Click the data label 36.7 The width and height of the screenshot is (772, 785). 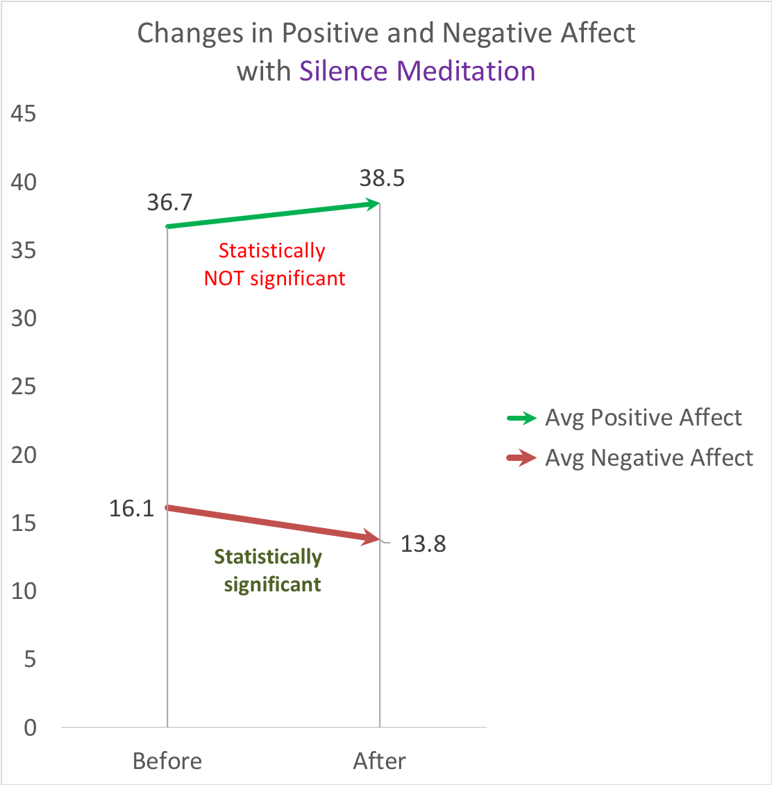(x=169, y=203)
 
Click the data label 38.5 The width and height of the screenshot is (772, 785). (x=382, y=179)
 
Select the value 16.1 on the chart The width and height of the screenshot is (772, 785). (x=131, y=509)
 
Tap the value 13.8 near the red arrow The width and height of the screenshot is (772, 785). (x=423, y=544)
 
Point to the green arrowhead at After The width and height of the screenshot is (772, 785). (x=374, y=204)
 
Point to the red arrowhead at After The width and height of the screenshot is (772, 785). (x=373, y=538)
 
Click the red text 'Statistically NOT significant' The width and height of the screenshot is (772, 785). (x=274, y=264)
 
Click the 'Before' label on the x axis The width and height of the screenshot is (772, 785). (x=167, y=761)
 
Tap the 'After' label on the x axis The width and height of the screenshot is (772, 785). (x=379, y=761)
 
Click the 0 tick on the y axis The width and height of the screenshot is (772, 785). (x=29, y=728)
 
